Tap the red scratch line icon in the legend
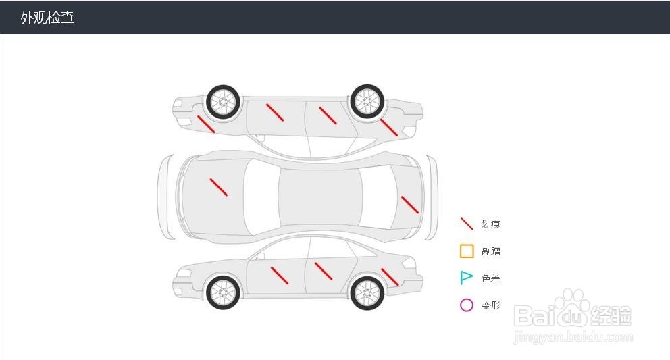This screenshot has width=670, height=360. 467,224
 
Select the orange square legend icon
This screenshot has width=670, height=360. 467,251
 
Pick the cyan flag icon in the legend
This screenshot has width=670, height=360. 466,278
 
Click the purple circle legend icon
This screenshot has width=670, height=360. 467,305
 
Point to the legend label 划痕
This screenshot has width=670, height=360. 491,224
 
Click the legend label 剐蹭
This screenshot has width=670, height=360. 491,251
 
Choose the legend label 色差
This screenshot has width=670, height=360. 491,278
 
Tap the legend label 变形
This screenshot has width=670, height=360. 491,305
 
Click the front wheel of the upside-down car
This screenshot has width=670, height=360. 223,101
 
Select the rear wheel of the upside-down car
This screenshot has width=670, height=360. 367,101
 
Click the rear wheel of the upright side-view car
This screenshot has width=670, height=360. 367,292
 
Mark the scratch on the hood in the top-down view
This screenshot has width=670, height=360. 218,187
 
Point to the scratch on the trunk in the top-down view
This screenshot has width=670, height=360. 410,205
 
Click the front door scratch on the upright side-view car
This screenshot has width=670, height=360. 280,276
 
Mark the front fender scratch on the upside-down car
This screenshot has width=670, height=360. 206,124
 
